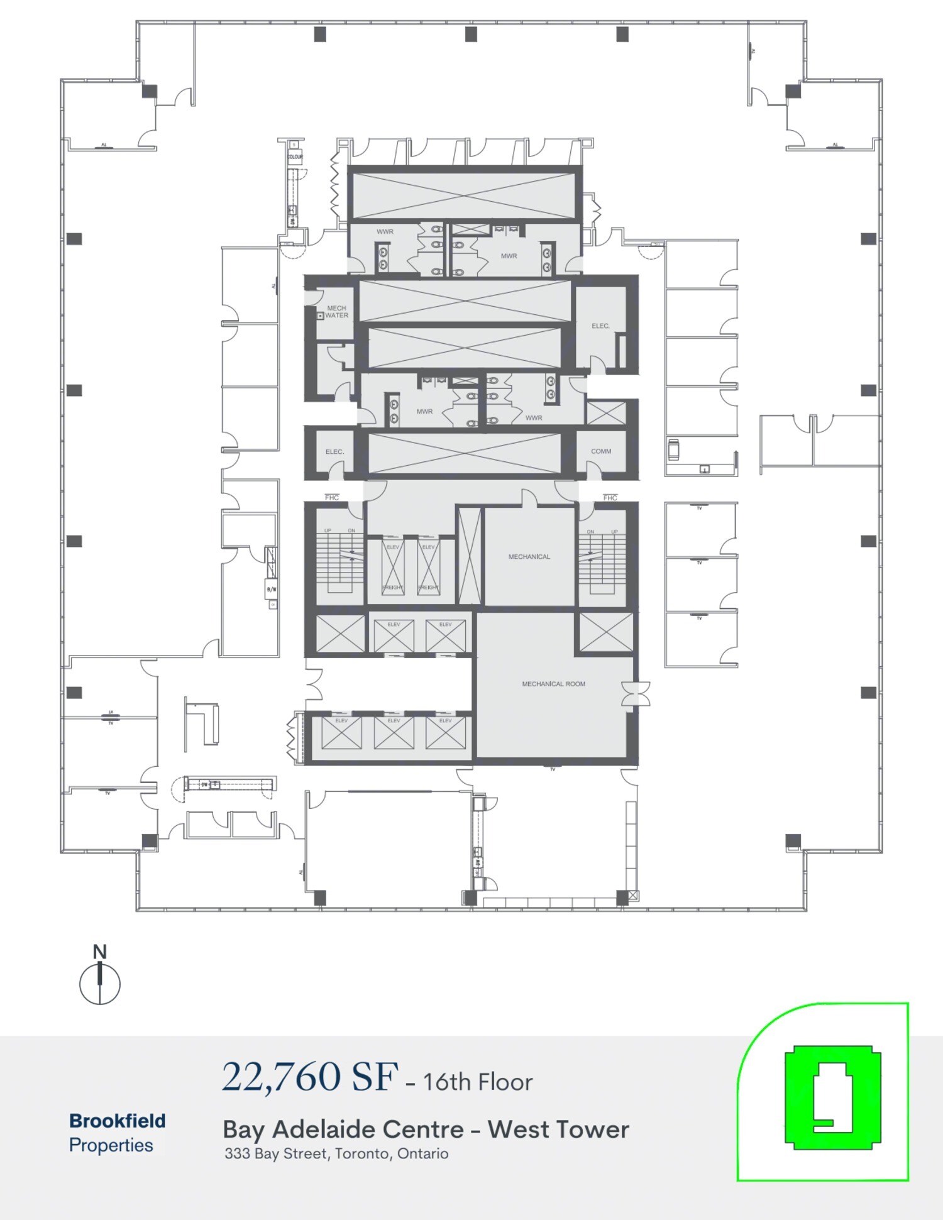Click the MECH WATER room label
(x=336, y=312)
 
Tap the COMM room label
(x=601, y=451)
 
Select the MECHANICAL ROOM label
(x=553, y=684)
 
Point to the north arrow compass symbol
(x=100, y=978)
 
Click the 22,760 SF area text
(x=310, y=1077)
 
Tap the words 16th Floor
(x=478, y=1082)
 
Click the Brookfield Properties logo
(x=117, y=1133)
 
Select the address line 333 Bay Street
(x=336, y=1153)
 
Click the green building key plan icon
(x=832, y=1097)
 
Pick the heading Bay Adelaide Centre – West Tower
(x=426, y=1129)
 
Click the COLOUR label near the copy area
(x=295, y=157)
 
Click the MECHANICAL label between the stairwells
(x=529, y=556)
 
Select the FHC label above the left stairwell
(x=332, y=497)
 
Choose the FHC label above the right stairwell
(x=610, y=497)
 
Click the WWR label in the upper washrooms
(x=385, y=232)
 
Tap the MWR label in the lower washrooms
(x=424, y=412)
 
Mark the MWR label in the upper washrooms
(x=509, y=256)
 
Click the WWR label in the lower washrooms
(x=534, y=417)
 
